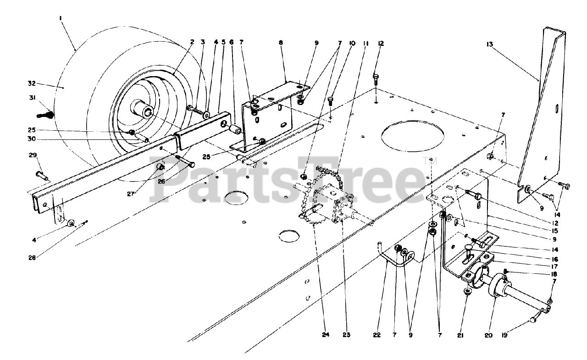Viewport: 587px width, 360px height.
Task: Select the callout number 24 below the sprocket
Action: coord(325,335)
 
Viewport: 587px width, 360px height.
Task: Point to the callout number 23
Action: coord(346,335)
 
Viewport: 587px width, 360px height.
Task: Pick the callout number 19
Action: coord(517,335)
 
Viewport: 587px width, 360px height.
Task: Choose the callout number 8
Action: coord(281,43)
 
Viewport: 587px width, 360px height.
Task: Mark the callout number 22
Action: coord(377,335)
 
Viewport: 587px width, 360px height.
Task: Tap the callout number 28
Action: coord(32,257)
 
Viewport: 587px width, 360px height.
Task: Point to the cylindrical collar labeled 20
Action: coord(497,286)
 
